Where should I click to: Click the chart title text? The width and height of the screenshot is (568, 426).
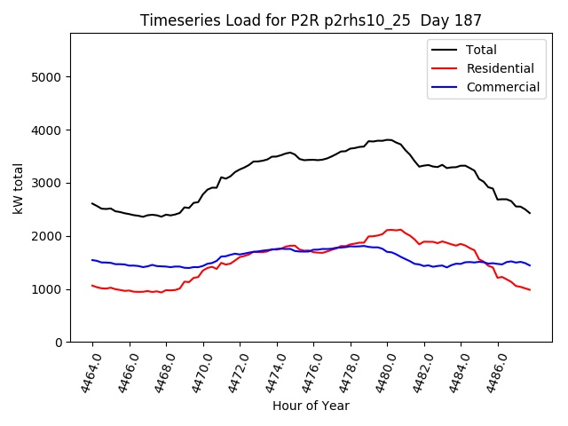coord(310,20)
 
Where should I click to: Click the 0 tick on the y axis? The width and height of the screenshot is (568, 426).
coord(59,343)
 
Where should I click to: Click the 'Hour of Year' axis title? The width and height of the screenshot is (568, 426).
coord(310,406)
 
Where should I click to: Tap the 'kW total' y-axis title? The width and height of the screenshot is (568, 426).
coord(19,188)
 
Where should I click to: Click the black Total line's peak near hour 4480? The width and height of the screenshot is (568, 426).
coord(388,139)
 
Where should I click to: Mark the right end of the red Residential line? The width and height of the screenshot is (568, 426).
coord(530,290)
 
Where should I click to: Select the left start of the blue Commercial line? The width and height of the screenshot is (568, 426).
coord(92,260)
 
